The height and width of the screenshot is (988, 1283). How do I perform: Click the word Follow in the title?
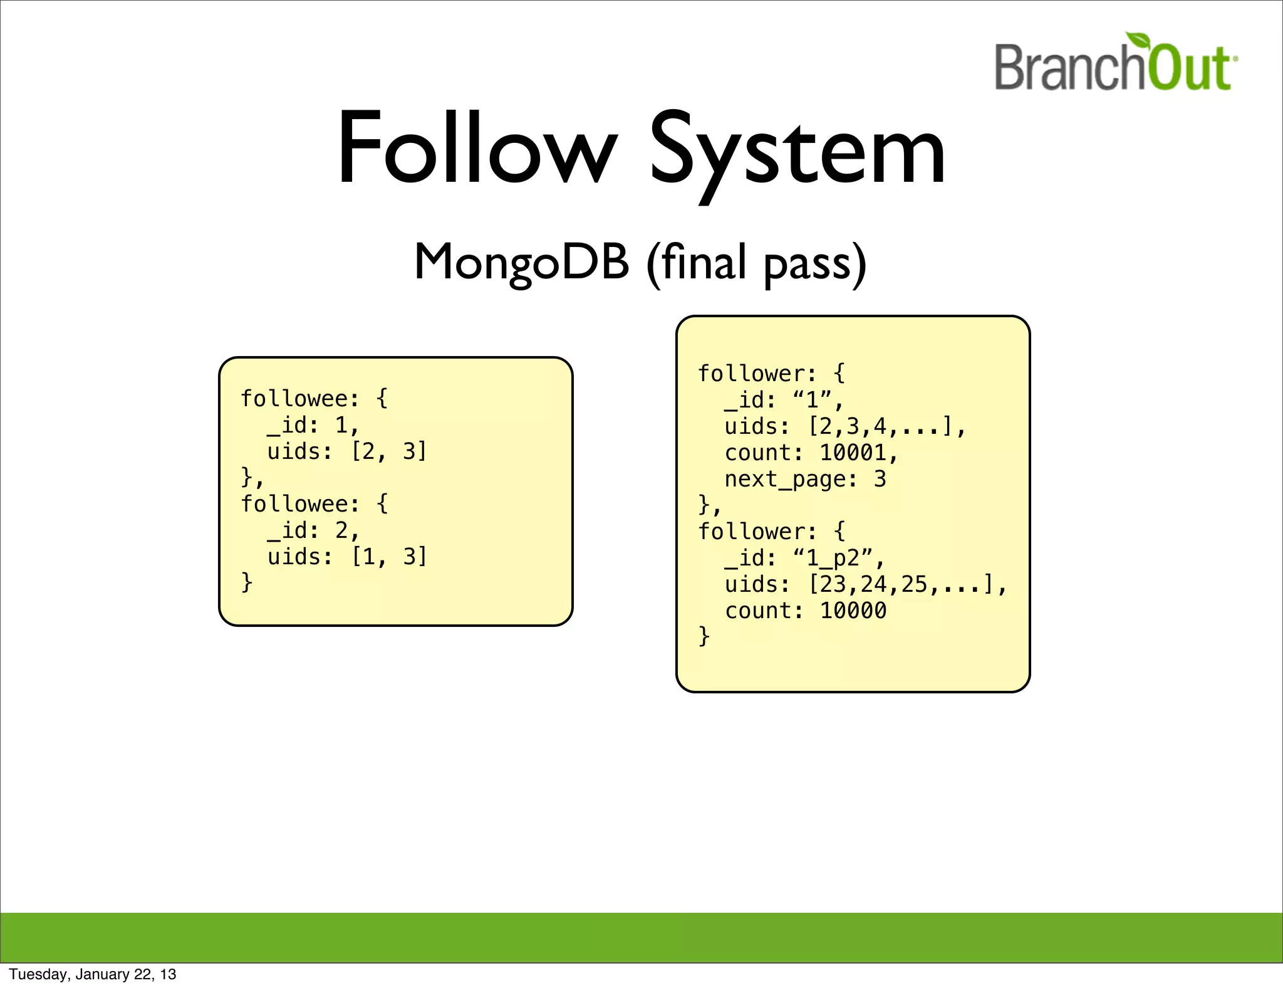(476, 149)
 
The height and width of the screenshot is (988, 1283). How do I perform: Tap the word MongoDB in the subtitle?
(521, 262)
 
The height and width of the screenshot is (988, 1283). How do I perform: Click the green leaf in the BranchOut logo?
(1139, 41)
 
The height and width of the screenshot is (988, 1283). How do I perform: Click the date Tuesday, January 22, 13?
(93, 974)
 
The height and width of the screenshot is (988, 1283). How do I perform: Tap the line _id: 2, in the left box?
(313, 530)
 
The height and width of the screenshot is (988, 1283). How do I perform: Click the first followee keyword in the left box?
(299, 399)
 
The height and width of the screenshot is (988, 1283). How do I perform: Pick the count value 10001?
(853, 453)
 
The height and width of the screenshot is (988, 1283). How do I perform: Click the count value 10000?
(853, 611)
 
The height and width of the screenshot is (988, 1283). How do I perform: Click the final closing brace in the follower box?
(704, 636)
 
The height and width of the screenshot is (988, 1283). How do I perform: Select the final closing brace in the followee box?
(247, 582)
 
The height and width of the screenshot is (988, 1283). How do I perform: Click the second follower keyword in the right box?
(756, 532)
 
